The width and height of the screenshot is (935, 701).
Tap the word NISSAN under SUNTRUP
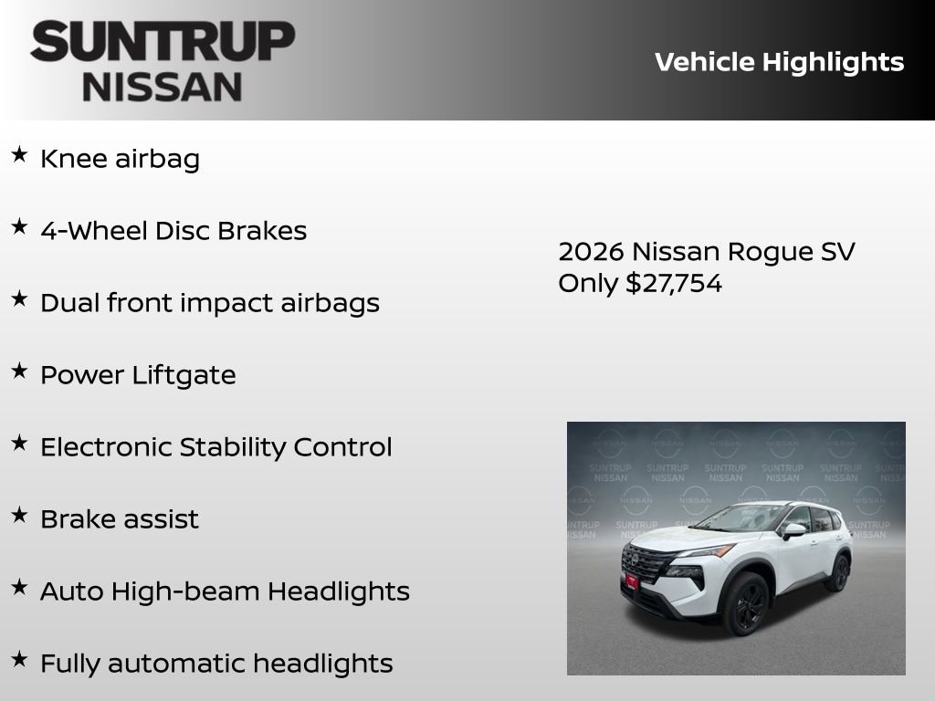(x=163, y=86)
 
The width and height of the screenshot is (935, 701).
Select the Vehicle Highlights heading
(x=779, y=62)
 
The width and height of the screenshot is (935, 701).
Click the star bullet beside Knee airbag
(x=19, y=155)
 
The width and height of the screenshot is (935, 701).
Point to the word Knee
(x=74, y=159)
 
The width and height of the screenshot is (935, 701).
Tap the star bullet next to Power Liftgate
(x=19, y=371)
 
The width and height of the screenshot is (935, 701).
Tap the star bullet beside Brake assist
(x=19, y=516)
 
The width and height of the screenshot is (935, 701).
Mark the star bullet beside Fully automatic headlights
(x=19, y=660)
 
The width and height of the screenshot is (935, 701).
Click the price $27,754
(x=674, y=283)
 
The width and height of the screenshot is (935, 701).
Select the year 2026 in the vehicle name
(x=591, y=251)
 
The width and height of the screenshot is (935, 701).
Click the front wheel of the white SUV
(x=746, y=605)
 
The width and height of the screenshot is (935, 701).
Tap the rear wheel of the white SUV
(x=838, y=573)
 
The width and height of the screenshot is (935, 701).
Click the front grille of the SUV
(x=646, y=563)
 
